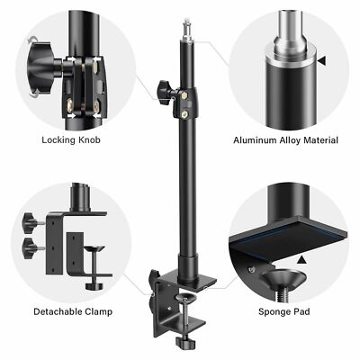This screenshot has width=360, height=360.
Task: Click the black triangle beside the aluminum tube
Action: (321, 62)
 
